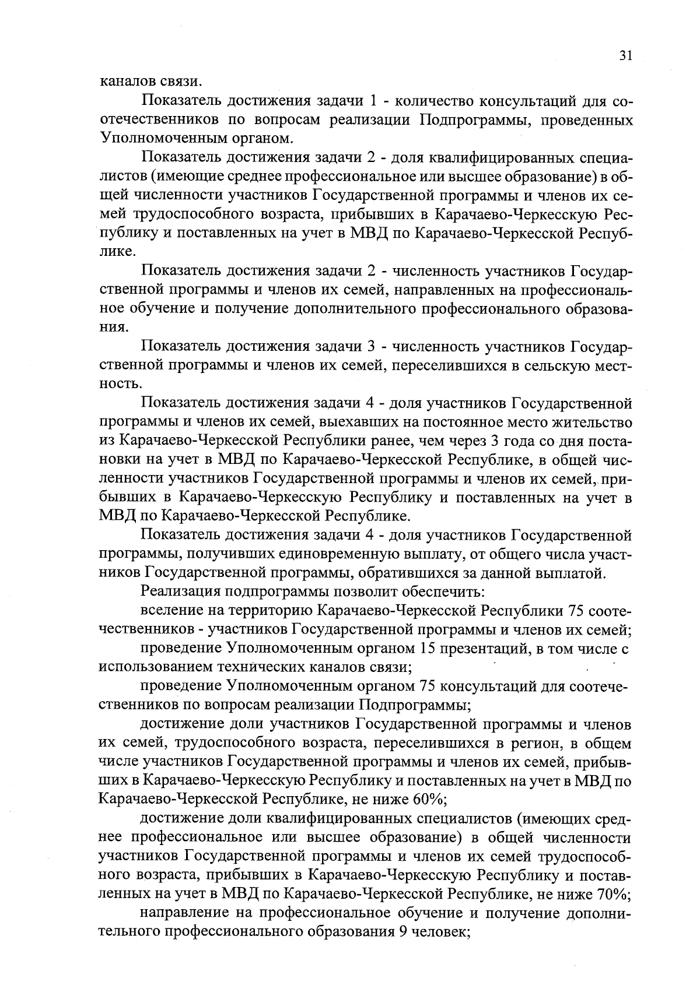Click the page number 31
(625, 55)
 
